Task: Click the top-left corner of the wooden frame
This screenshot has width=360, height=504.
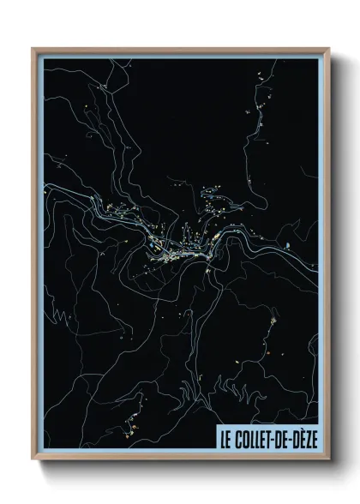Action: pos(33,48)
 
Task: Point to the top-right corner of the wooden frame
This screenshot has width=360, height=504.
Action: pos(327,48)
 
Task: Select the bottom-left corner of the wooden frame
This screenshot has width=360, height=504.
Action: pos(33,460)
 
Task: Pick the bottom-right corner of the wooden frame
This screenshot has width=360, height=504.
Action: pos(327,460)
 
